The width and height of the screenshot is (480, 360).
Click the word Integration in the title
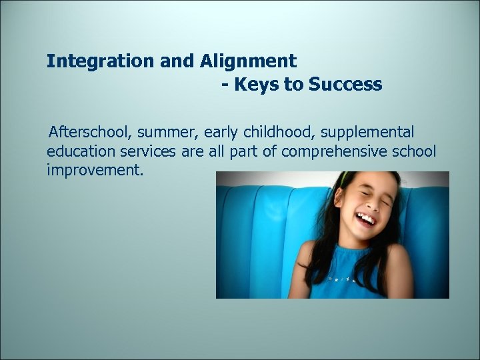(101, 61)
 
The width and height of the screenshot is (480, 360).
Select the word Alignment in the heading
(247, 61)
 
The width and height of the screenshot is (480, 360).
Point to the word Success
(345, 85)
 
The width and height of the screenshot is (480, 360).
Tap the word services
(152, 151)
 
